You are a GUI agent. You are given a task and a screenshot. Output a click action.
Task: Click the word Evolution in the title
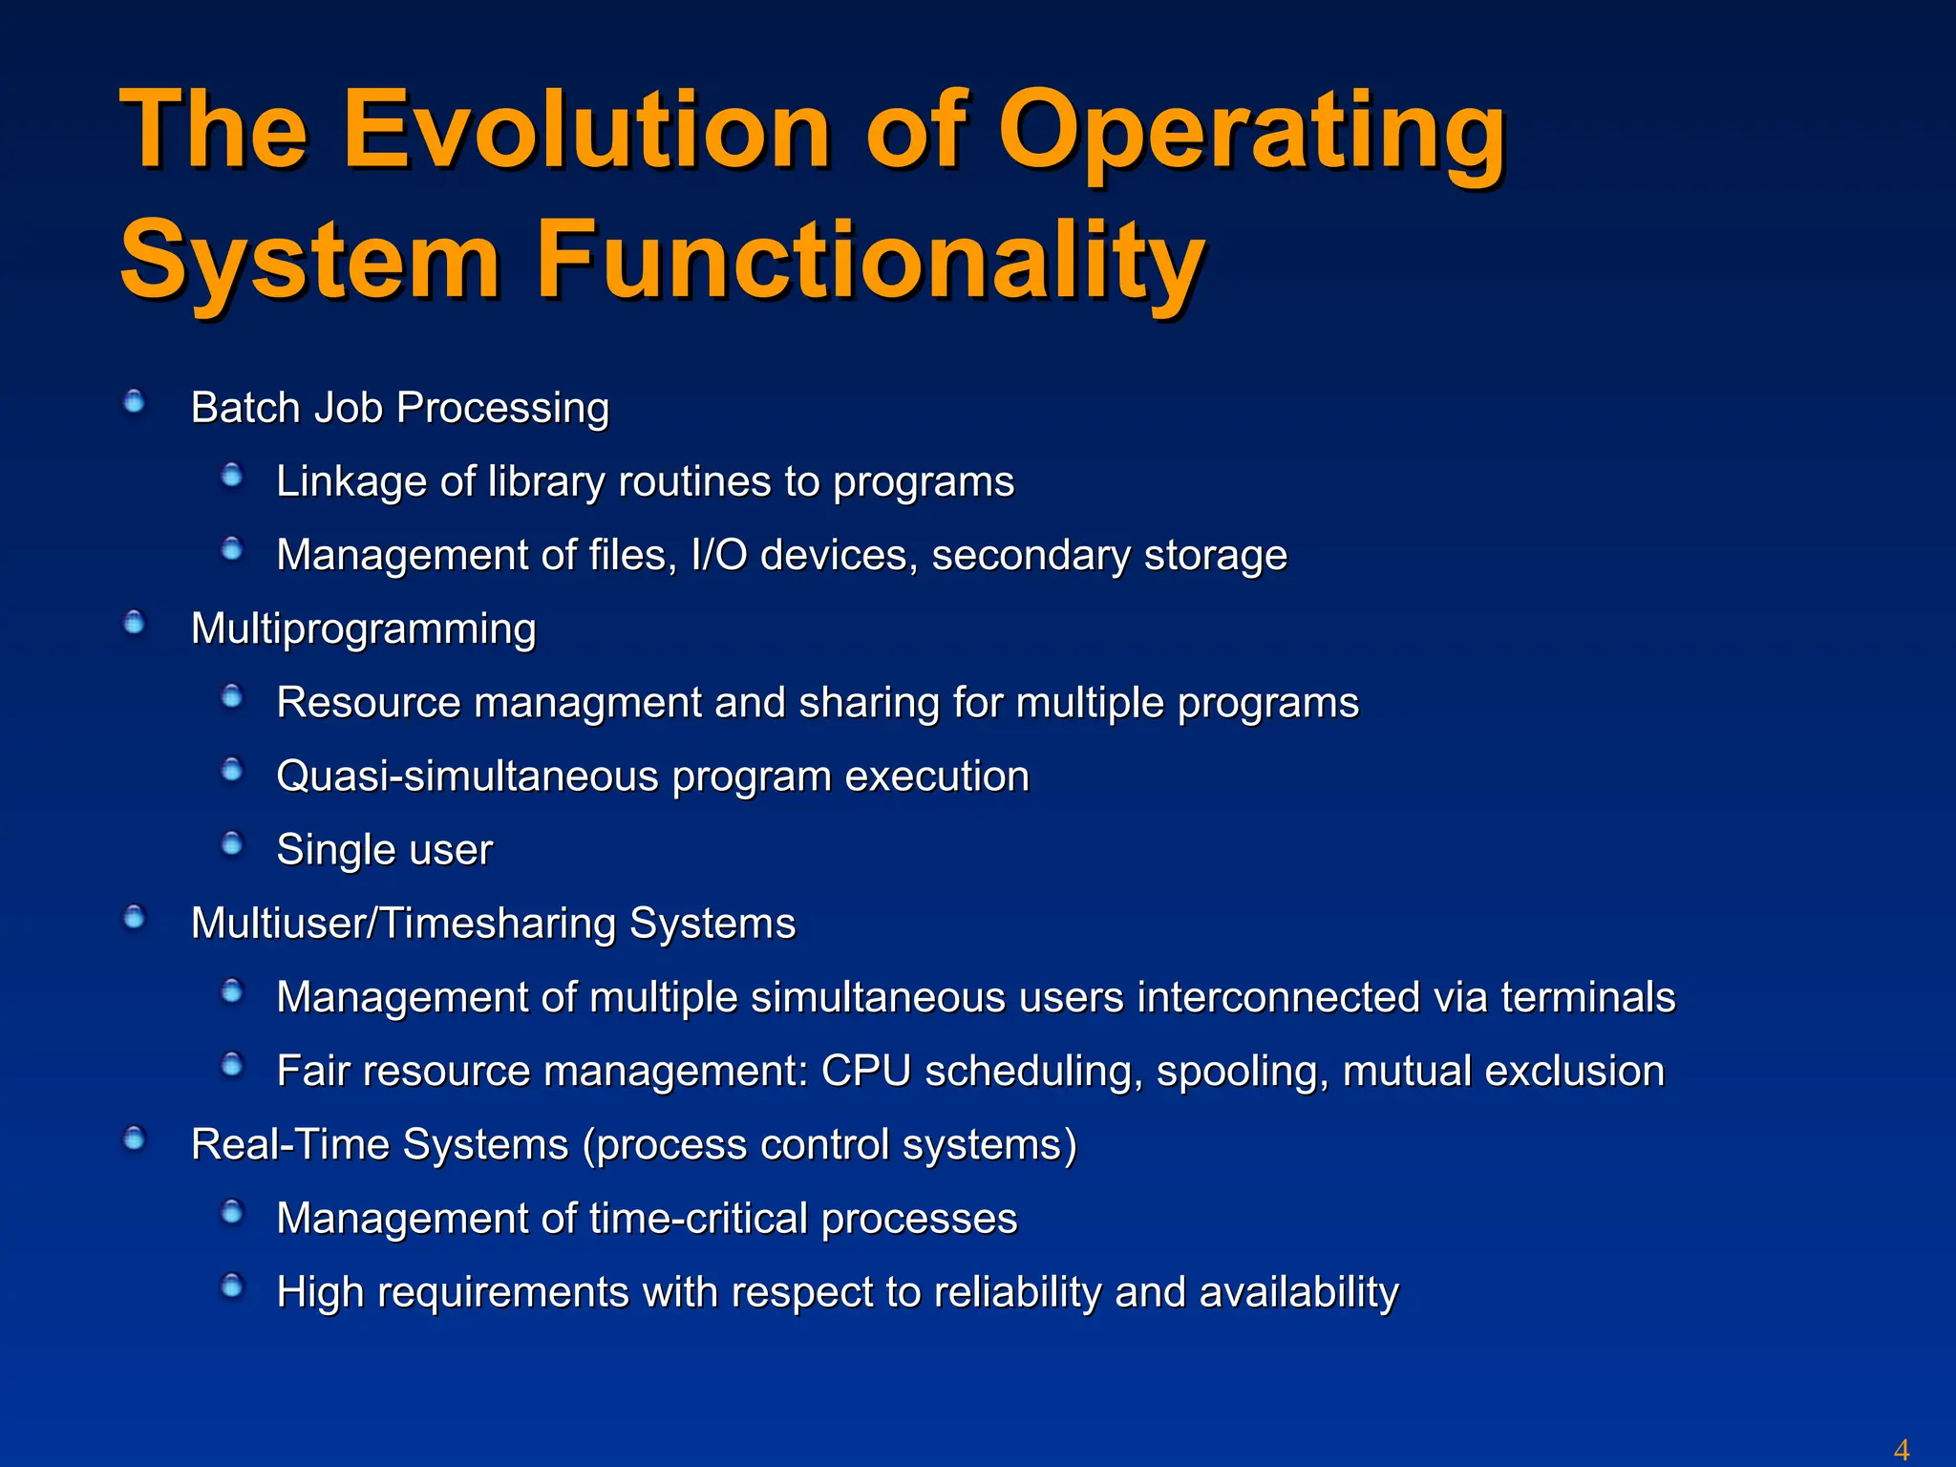point(587,129)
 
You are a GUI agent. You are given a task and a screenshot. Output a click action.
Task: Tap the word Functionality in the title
point(869,260)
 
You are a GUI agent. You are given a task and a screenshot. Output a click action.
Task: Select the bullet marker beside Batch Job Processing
point(135,401)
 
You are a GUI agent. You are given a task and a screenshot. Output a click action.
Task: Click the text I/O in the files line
point(718,555)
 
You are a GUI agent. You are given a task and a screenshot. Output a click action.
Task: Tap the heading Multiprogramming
point(363,629)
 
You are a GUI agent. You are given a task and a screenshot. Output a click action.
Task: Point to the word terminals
point(1587,997)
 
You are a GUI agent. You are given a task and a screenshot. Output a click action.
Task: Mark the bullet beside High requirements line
point(232,1286)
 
